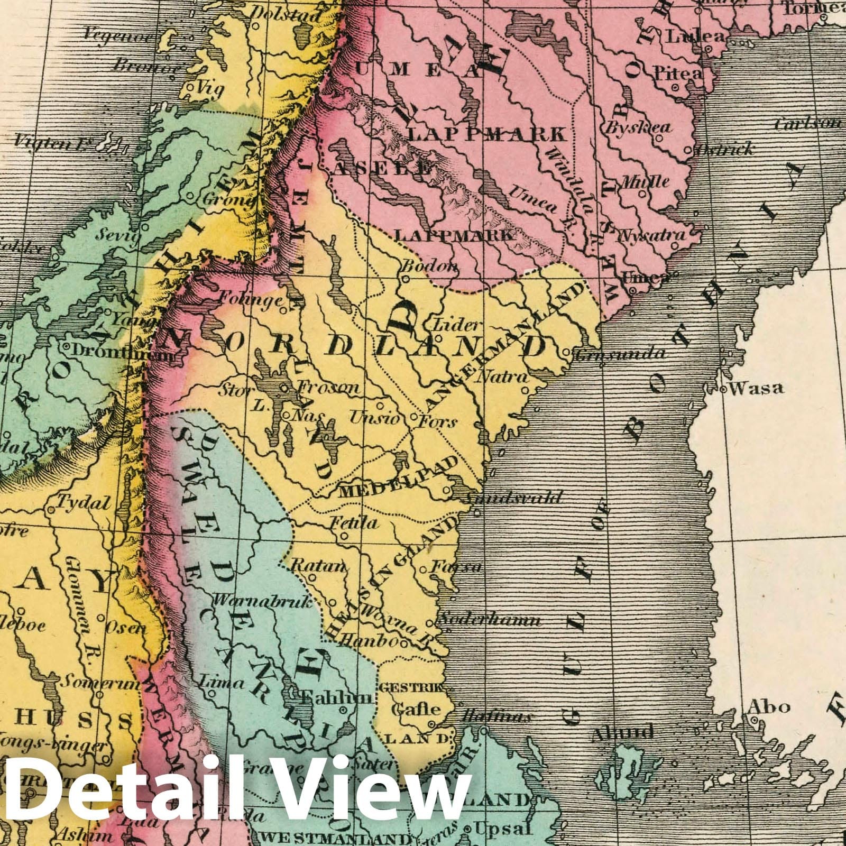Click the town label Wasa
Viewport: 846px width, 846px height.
757,388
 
